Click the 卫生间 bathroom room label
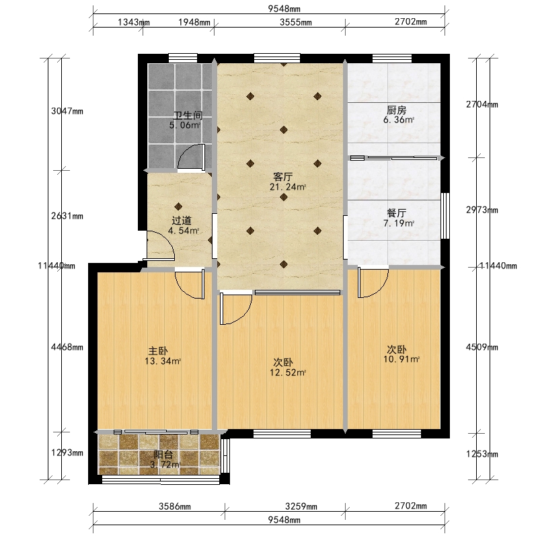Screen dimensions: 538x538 click(188, 115)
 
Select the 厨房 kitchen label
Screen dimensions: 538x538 click(397, 110)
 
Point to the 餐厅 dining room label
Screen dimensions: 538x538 click(397, 213)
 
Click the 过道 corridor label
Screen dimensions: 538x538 click(182, 221)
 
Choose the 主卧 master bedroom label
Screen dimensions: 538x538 click(158, 351)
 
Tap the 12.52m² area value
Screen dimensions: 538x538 click(288, 373)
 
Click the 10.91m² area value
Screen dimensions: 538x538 click(401, 359)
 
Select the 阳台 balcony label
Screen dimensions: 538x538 click(163, 455)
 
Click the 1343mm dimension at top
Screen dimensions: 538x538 click(134, 22)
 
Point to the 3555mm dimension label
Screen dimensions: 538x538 click(296, 22)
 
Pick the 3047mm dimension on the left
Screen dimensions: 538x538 click(67, 111)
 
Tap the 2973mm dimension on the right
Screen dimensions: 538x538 click(482, 210)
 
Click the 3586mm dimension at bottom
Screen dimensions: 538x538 click(175, 506)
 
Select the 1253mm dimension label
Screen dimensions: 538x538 click(482, 454)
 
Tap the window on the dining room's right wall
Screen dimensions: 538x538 click(445, 215)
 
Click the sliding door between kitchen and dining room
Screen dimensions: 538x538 click(394, 158)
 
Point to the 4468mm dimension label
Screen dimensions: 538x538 click(67, 347)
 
